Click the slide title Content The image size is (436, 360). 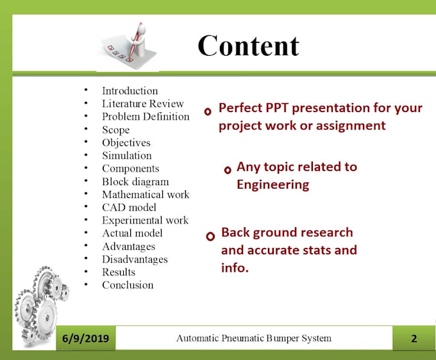click(x=248, y=46)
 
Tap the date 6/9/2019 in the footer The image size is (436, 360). click(x=85, y=338)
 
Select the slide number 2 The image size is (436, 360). click(x=414, y=338)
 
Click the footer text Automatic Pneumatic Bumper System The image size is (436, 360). click(x=254, y=338)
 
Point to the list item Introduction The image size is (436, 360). click(x=130, y=91)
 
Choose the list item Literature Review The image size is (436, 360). click(x=143, y=104)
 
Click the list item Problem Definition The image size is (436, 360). click(x=146, y=117)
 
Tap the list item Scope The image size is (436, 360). click(x=115, y=130)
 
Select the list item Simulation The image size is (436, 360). click(x=127, y=156)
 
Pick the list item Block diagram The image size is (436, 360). click(x=135, y=182)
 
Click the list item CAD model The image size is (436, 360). click(x=129, y=208)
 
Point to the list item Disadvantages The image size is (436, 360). click(x=135, y=259)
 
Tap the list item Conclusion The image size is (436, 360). click(x=128, y=285)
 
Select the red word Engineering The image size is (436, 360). click(x=272, y=185)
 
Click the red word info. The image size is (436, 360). click(x=235, y=268)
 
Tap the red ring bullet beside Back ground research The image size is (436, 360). click(x=210, y=236)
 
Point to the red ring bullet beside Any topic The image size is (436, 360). click(x=228, y=170)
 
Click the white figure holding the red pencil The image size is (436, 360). click(x=139, y=40)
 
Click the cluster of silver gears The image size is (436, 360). click(x=42, y=306)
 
